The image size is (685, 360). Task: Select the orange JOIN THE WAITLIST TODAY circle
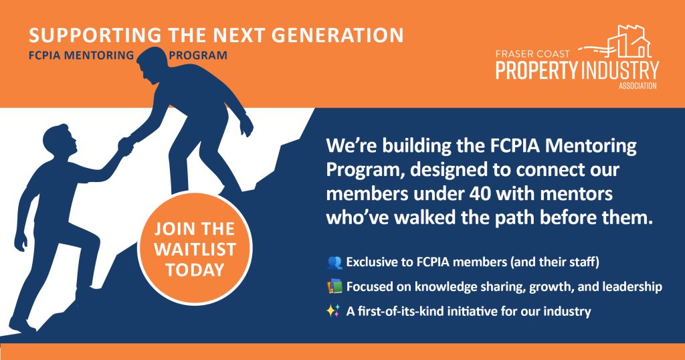pos(195,249)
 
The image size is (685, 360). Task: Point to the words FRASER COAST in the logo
pos(532,54)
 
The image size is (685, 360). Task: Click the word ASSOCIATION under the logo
pos(638,86)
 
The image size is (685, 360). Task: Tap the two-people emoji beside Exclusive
pos(334,262)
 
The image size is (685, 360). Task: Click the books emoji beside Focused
pos(334,286)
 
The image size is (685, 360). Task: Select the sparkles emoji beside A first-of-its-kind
pos(333,311)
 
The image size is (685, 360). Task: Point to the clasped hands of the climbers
pos(125,145)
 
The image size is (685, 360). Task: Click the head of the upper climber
pos(150,66)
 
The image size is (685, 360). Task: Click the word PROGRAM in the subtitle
pos(198,56)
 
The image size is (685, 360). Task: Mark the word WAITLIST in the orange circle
pos(195,250)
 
